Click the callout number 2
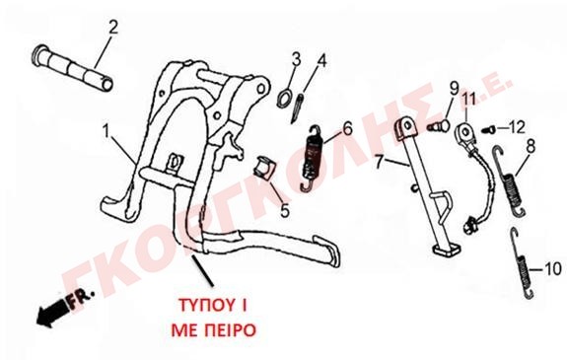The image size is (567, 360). (113, 28)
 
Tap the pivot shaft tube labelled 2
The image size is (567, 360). (72, 68)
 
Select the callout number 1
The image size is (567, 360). (106, 133)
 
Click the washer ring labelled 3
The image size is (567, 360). (285, 98)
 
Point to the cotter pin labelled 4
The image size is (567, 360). (297, 108)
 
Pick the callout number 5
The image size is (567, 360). (285, 210)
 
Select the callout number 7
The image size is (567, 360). (379, 163)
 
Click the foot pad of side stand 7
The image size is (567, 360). (447, 250)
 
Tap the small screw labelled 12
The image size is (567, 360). (487, 129)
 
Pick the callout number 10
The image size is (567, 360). (552, 269)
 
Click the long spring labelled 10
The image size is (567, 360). (522, 263)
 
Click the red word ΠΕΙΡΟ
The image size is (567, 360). (230, 329)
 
